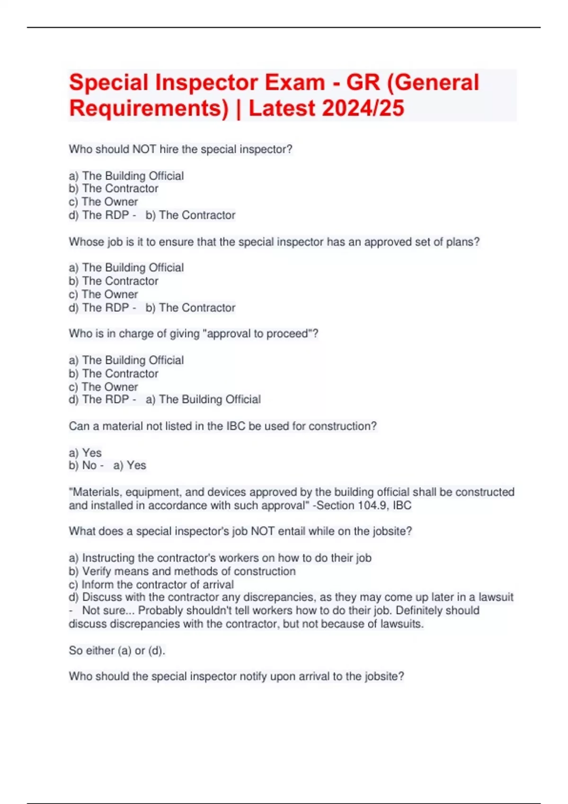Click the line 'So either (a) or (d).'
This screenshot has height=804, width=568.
[117, 651]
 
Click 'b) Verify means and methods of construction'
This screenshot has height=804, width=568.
[182, 571]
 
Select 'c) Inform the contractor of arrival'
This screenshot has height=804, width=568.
[151, 585]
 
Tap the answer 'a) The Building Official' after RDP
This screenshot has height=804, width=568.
[203, 400]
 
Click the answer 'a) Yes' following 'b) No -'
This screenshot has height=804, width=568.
[130, 465]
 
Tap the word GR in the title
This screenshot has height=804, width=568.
[363, 83]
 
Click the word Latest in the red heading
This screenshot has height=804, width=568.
[282, 108]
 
